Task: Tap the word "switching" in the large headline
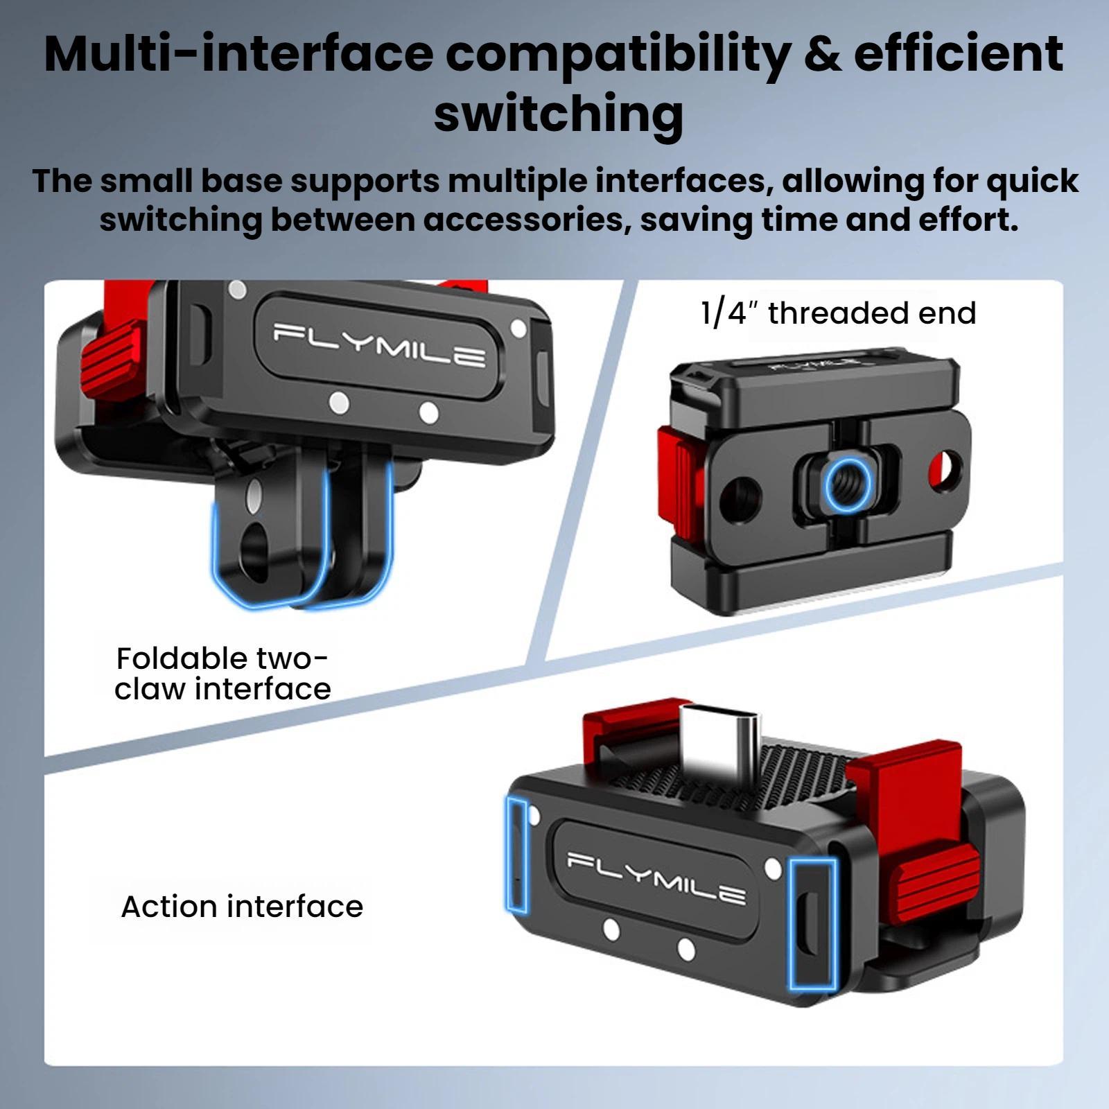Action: (559, 114)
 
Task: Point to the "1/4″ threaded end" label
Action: (839, 313)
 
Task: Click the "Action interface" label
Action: (242, 907)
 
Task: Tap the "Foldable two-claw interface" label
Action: (222, 674)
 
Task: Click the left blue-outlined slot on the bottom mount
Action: (516, 854)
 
